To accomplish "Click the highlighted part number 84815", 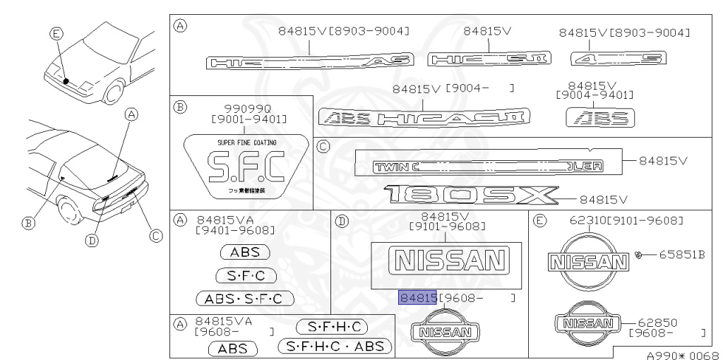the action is [417, 298].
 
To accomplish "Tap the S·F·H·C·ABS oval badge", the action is [334, 346].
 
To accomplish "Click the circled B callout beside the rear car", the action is [28, 223].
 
